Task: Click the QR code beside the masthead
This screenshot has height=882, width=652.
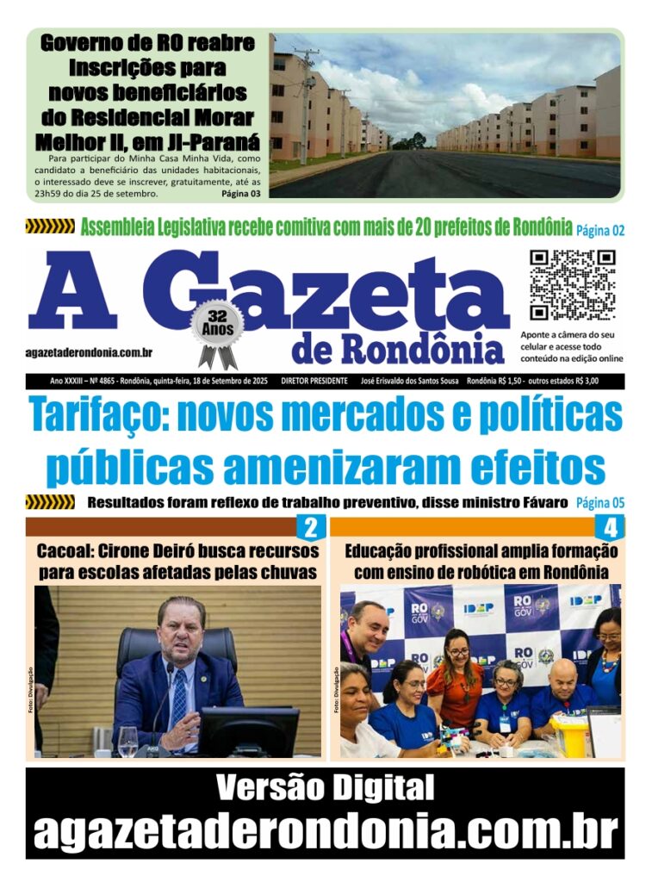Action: (573, 285)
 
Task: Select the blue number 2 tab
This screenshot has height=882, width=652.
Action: (310, 527)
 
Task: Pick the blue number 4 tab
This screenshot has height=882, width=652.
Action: (610, 527)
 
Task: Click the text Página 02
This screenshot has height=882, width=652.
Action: (599, 230)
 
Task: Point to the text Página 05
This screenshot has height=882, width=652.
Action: (599, 503)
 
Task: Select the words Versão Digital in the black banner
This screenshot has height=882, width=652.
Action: (325, 787)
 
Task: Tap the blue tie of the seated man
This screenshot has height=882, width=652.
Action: (178, 696)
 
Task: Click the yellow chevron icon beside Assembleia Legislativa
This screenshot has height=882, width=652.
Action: (50, 227)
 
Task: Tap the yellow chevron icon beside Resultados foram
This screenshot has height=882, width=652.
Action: (50, 502)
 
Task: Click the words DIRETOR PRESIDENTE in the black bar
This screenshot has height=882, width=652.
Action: (308, 381)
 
